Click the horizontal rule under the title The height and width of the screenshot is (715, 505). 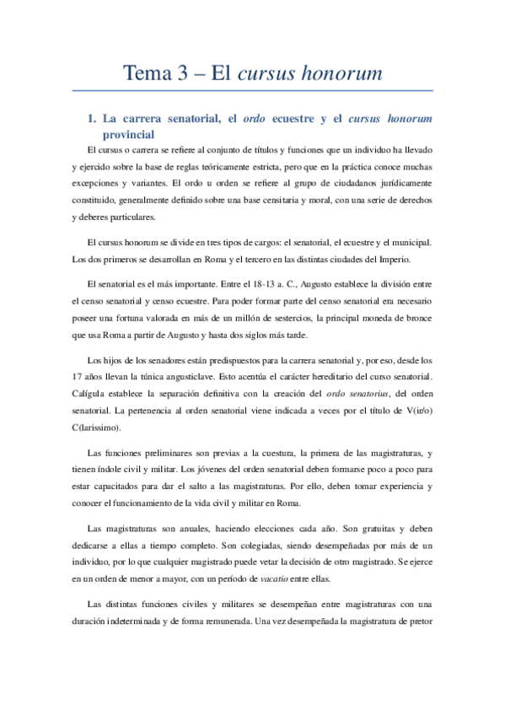tap(253, 91)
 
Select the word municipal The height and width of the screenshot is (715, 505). tap(411, 242)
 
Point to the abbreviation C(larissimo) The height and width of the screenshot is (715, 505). tap(102, 431)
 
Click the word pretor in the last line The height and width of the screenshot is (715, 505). tap(419, 621)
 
